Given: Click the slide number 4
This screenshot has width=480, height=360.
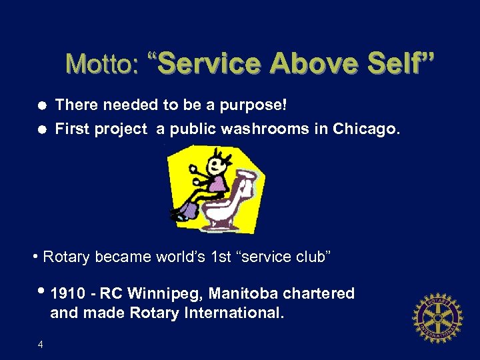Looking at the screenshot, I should click(41, 345).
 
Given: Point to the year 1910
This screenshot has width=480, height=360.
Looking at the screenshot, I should click(67, 294).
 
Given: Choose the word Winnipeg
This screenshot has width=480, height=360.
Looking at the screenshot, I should click(156, 294).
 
